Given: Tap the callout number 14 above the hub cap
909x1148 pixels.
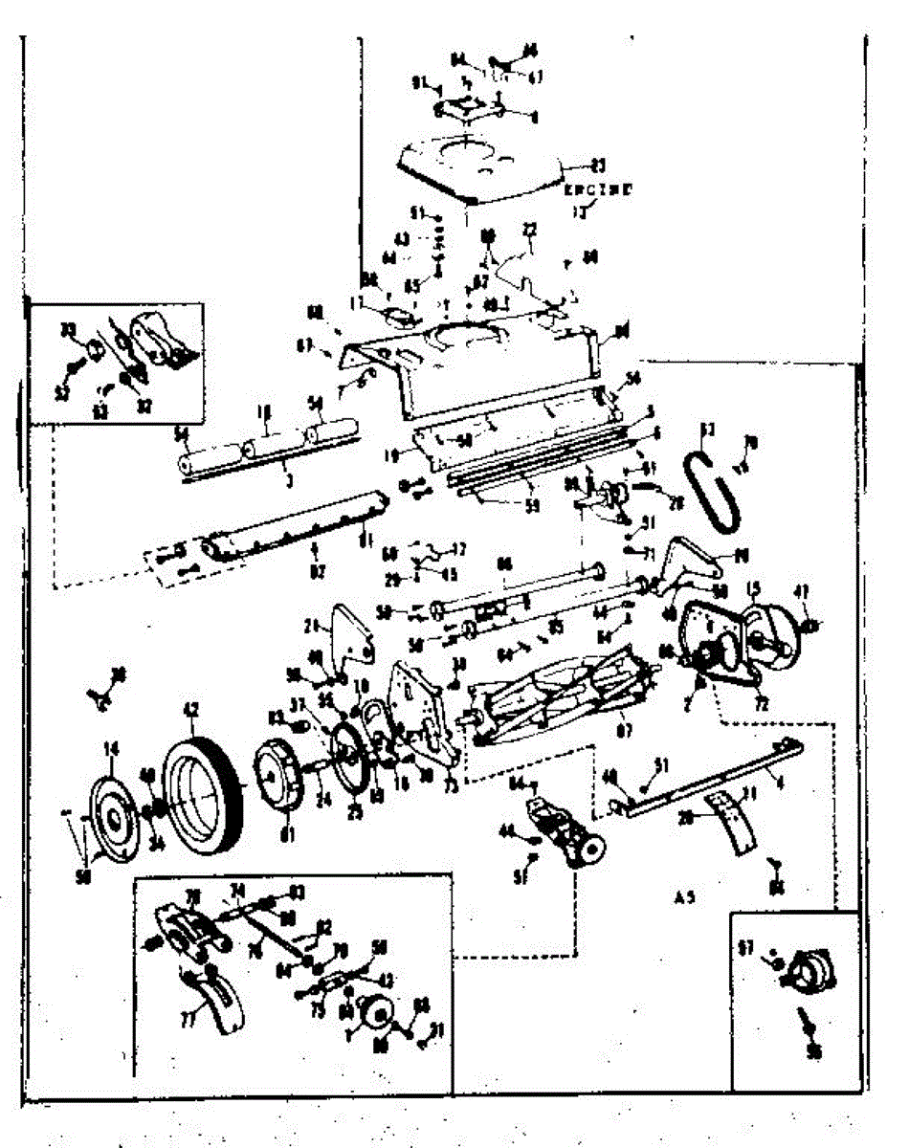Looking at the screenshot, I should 111,749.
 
